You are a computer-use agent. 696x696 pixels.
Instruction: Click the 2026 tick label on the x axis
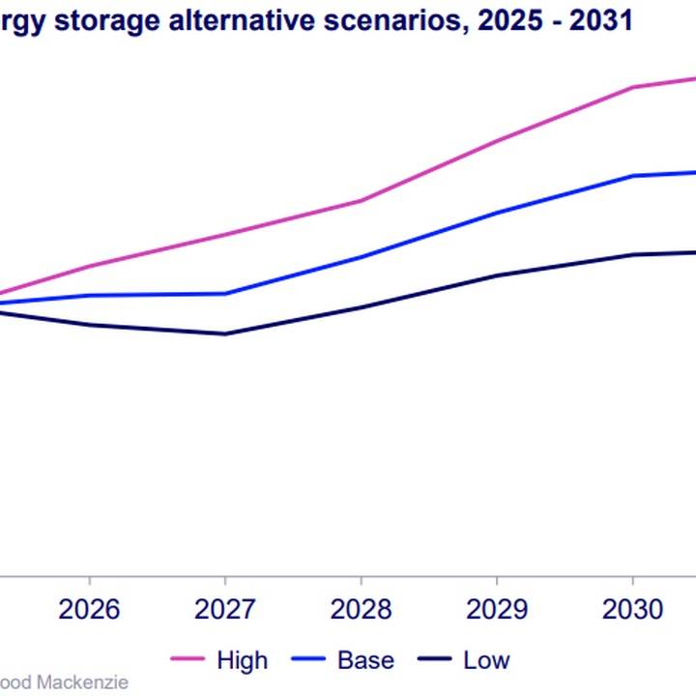(x=89, y=609)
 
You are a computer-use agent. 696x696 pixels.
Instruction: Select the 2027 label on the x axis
(x=225, y=609)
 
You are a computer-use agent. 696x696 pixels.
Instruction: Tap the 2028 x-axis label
(x=361, y=609)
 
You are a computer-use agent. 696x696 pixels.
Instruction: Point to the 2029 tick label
(x=496, y=609)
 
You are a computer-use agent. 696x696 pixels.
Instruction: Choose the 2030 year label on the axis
(x=632, y=609)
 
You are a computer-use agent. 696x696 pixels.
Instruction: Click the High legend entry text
(x=242, y=660)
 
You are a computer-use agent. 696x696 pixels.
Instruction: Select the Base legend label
(x=365, y=660)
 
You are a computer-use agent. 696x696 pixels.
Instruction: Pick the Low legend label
(x=486, y=660)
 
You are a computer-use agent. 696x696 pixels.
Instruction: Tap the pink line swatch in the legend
(x=188, y=660)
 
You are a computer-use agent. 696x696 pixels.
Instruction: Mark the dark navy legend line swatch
(x=435, y=660)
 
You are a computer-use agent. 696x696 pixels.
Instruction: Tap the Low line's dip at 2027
(x=225, y=334)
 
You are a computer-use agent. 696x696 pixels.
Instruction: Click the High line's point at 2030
(x=632, y=87)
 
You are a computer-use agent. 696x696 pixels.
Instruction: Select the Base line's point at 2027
(x=225, y=294)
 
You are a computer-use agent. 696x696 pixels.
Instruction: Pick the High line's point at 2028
(x=361, y=201)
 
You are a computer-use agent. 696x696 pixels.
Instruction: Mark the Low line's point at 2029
(x=496, y=275)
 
